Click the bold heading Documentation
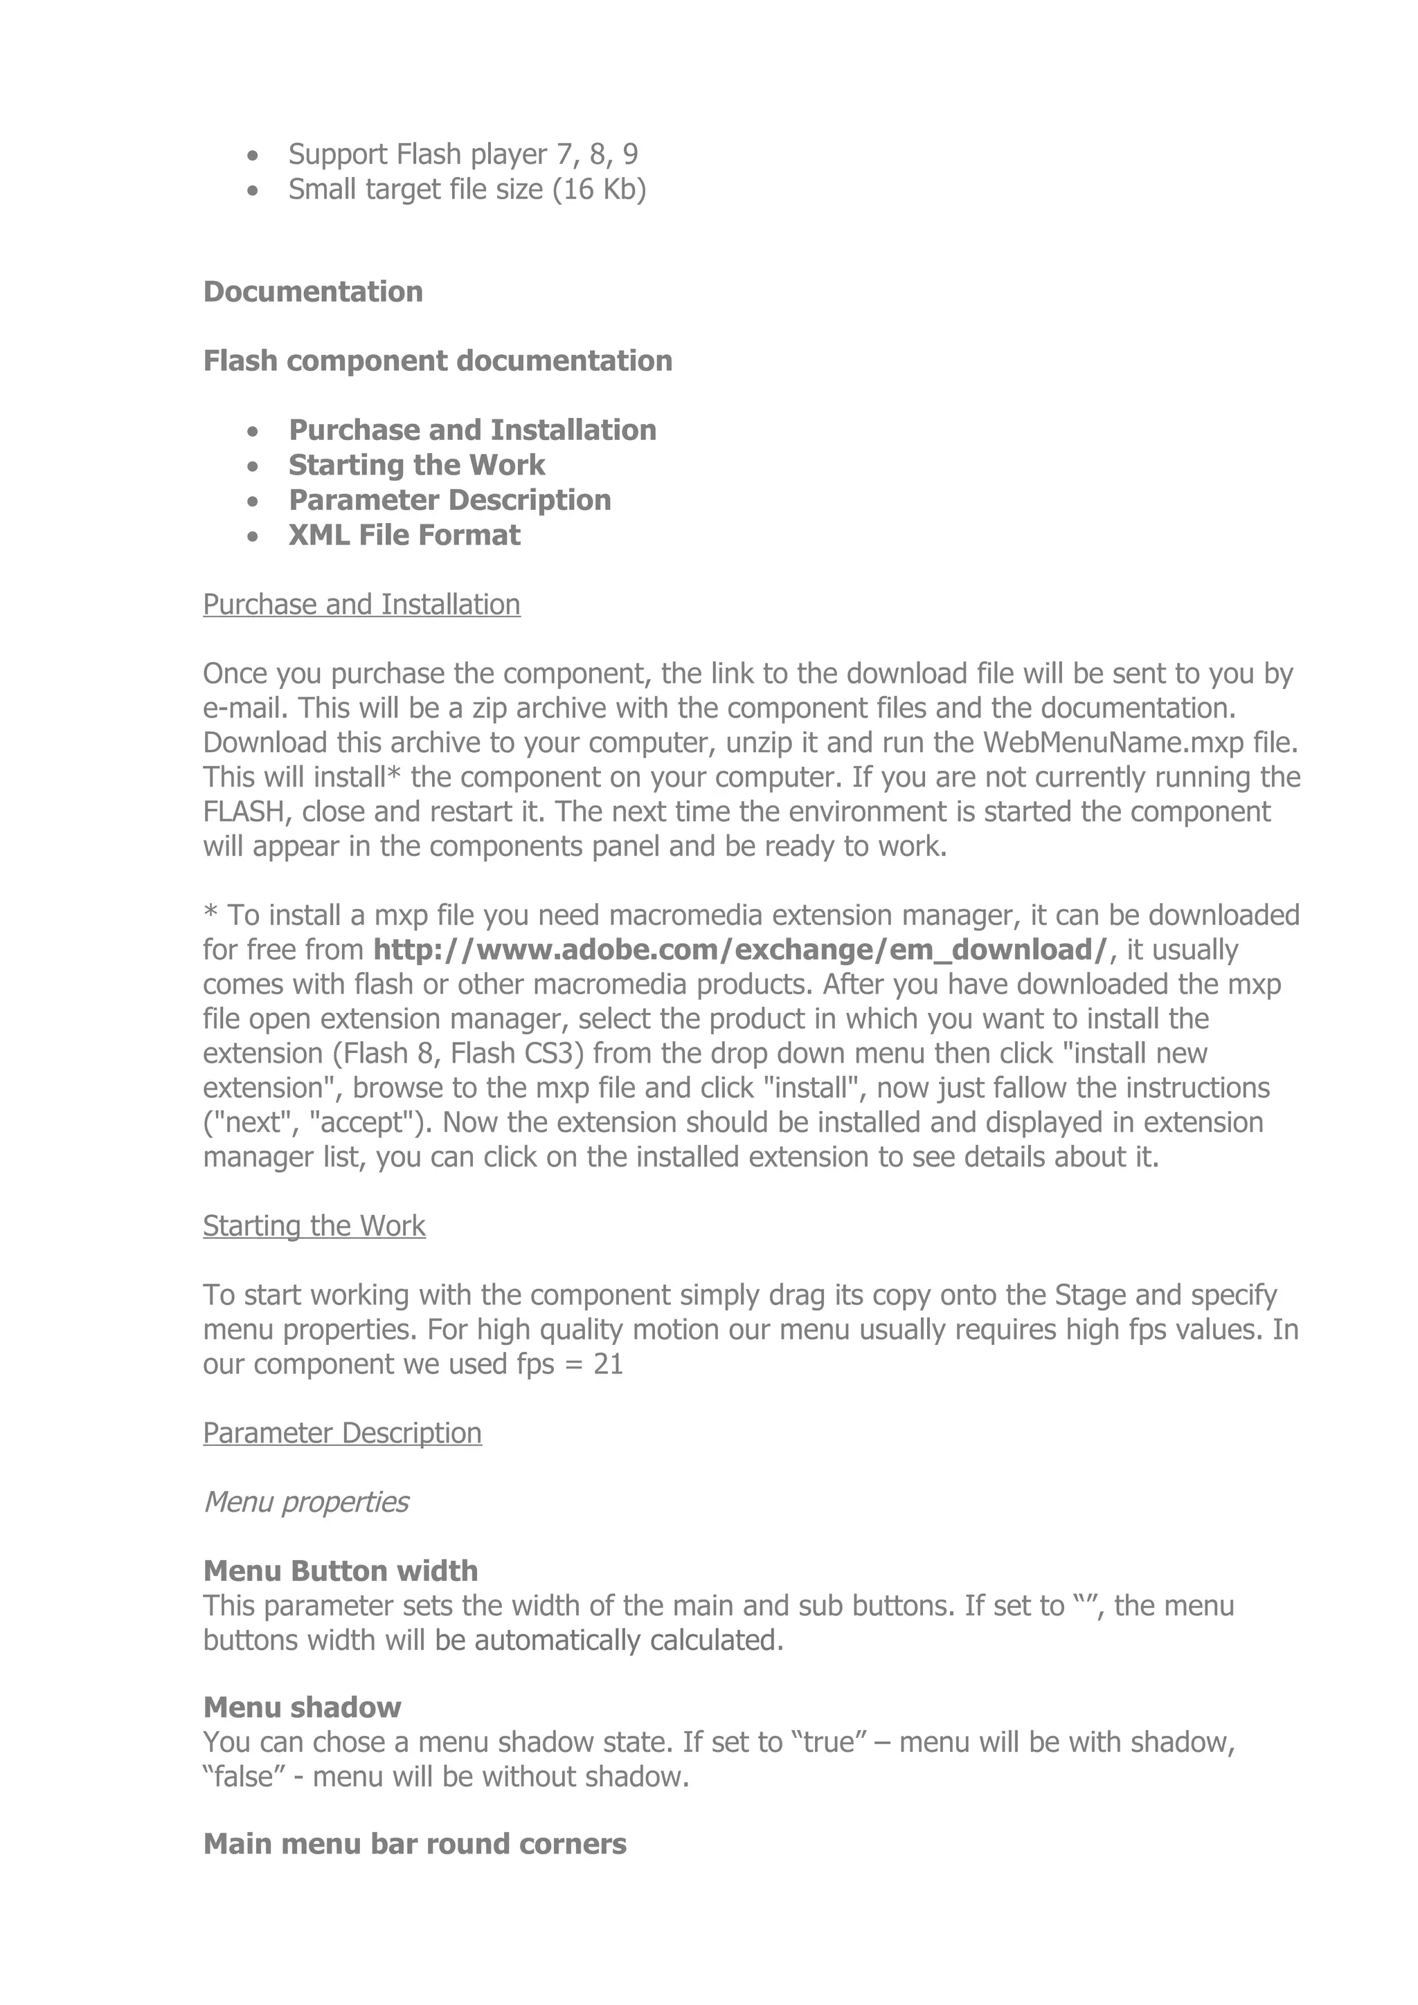(x=313, y=292)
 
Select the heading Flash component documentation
(x=438, y=360)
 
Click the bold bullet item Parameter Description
(x=450, y=500)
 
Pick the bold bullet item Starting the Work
(x=417, y=464)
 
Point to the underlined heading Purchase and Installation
(x=361, y=604)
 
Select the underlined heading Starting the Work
(x=314, y=1226)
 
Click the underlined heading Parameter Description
(x=343, y=1433)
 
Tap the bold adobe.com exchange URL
(x=741, y=949)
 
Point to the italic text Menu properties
(x=306, y=1502)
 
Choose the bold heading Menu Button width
(x=341, y=1571)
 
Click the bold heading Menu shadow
(x=303, y=1708)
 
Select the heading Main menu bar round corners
(x=415, y=1844)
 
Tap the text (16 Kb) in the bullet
(x=600, y=190)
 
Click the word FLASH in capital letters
(x=244, y=812)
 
